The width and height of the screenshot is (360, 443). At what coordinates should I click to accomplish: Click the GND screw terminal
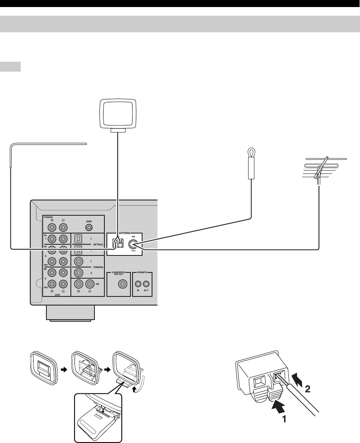[x=89, y=227]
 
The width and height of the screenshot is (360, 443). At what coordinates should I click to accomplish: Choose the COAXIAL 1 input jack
[x=77, y=262]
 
